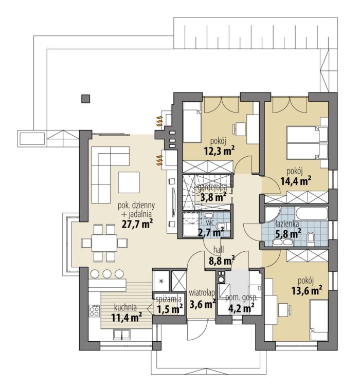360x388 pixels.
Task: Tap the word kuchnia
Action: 125,307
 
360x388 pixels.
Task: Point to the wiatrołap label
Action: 202,293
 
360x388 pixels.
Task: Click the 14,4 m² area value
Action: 296,181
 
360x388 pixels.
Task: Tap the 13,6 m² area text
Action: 307,290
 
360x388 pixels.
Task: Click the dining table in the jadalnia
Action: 104,243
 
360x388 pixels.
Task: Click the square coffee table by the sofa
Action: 129,182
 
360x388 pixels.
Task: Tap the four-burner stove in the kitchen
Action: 94,310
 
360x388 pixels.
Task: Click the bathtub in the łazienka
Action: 312,213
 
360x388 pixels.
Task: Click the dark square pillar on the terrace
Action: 86,99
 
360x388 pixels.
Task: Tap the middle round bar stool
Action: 107,273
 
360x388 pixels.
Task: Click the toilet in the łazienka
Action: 311,239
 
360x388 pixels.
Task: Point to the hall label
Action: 219,250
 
